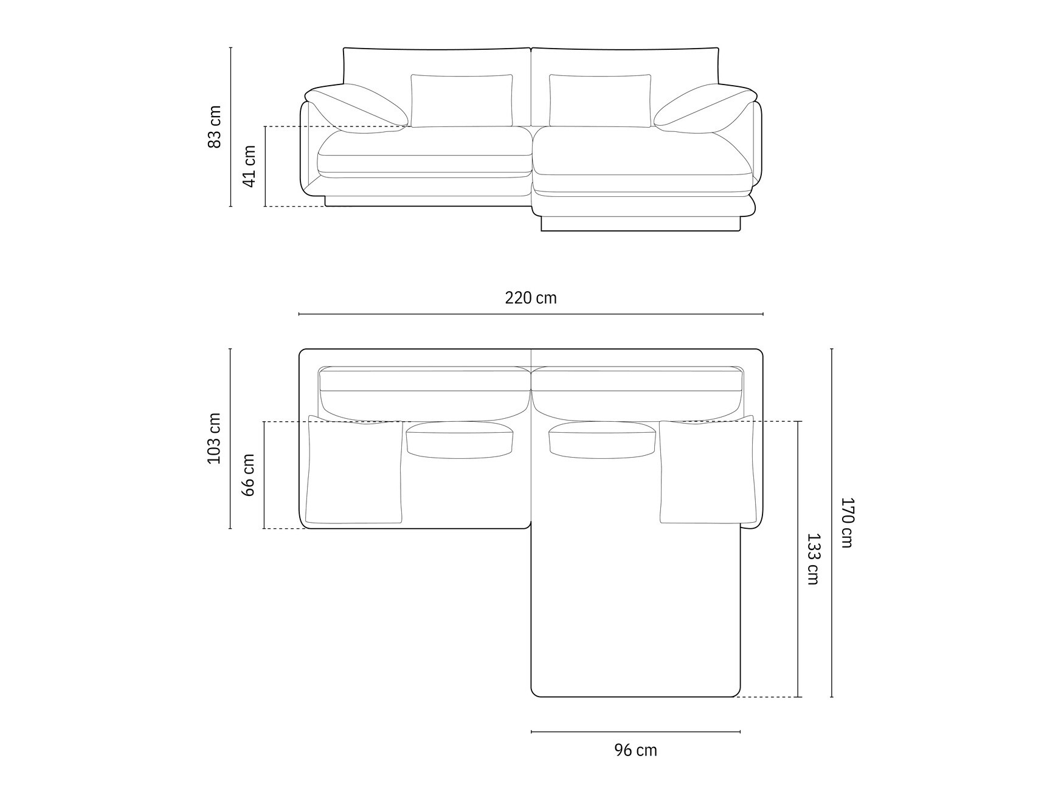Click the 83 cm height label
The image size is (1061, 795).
215,126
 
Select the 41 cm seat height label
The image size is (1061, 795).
249,166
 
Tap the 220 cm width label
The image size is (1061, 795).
530,298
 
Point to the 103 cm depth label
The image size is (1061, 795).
215,438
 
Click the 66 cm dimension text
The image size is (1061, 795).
249,475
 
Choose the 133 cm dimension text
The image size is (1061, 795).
813,559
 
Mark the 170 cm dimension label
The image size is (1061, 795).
847,522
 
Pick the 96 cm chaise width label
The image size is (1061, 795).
635,750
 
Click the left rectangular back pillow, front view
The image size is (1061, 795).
461,100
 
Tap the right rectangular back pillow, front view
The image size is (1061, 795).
600,100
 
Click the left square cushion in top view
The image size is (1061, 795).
354,472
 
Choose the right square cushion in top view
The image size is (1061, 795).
707,472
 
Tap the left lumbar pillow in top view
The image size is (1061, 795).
460,439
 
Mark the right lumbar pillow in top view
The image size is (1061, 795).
602,439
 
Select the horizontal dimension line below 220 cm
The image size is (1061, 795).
530,314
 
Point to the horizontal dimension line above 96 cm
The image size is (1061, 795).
635,732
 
